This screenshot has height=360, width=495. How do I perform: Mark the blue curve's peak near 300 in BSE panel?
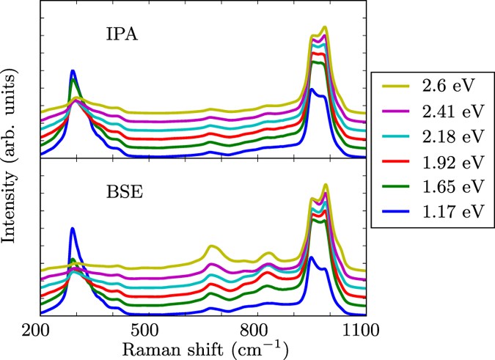73,228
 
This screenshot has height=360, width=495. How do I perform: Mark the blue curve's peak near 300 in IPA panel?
73,71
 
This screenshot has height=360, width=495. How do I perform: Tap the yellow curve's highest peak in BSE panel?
325,185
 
